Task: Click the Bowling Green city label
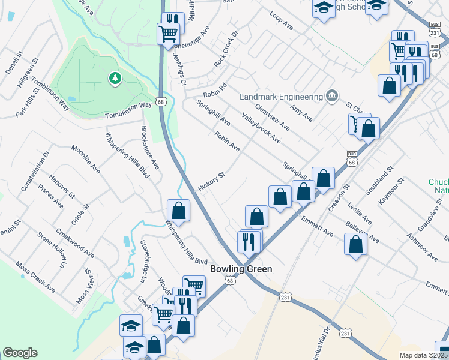[241, 269]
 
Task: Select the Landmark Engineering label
[281, 97]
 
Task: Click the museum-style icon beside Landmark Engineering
[331, 96]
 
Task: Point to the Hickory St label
[211, 182]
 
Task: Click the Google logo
[20, 353]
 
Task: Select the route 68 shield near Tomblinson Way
[160, 102]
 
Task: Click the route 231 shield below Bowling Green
[285, 297]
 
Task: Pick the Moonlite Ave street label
[85, 159]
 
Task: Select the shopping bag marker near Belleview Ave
[356, 244]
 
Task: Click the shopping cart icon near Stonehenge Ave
[168, 34]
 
